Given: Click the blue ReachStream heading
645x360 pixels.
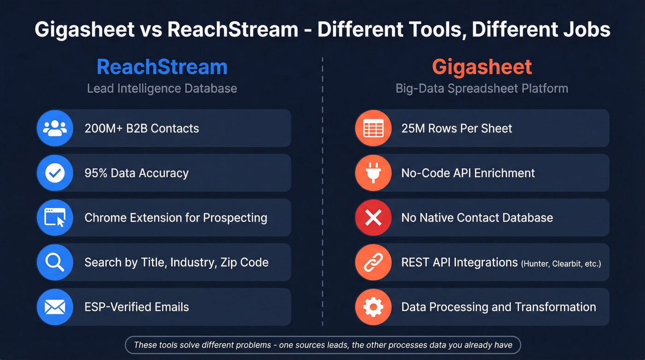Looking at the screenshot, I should (x=162, y=67).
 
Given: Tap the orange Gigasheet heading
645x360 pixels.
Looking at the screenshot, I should (x=482, y=67).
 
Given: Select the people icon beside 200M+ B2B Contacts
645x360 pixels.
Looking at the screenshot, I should (x=55, y=128).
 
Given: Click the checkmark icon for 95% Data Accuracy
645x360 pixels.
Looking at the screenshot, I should (x=55, y=173).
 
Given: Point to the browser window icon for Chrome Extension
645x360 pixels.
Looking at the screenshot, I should (x=55, y=218).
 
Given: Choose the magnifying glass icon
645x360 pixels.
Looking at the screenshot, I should (x=55, y=262).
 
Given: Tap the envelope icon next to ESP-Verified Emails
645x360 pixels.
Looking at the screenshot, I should (x=55, y=307).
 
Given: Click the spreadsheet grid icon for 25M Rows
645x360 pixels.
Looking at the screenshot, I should (x=373, y=128).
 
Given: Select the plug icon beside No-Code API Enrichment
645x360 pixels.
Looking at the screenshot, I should (x=373, y=173).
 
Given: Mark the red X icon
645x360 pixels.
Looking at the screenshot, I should (x=373, y=218).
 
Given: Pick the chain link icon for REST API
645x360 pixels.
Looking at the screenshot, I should (x=373, y=262).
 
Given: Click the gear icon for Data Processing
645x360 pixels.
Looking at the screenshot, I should (x=373, y=307).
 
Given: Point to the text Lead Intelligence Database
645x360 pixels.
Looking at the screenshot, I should (x=162, y=89).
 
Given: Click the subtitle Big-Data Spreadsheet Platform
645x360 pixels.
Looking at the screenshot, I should (x=482, y=89).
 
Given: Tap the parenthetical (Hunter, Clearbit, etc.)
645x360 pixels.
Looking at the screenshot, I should (x=561, y=264).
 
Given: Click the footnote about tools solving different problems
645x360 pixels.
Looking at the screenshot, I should (x=322, y=345).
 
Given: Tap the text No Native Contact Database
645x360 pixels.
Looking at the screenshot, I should (x=477, y=218).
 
